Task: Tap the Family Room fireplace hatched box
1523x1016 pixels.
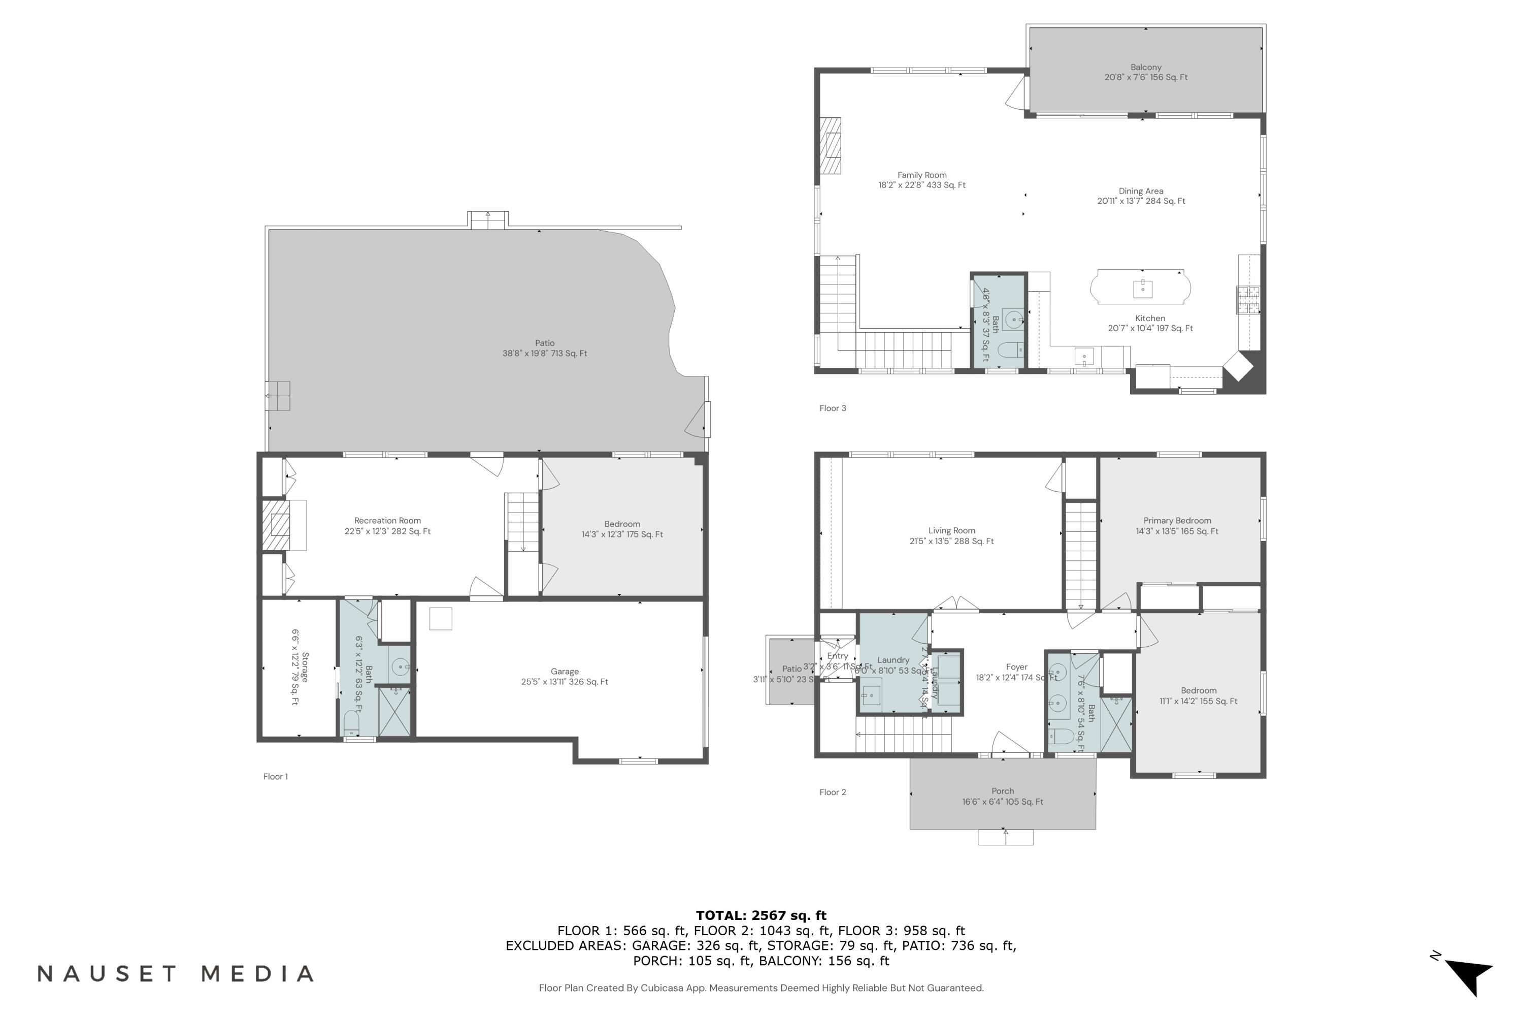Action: click(830, 146)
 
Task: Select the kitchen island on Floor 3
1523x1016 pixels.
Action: click(1140, 287)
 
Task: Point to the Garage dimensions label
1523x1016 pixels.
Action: click(564, 682)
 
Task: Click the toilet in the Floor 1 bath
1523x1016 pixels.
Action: click(352, 722)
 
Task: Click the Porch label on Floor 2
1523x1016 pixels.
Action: click(1002, 791)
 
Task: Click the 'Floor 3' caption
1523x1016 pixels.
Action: click(833, 408)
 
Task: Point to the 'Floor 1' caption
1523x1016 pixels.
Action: click(275, 776)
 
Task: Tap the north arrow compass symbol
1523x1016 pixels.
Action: click(1469, 974)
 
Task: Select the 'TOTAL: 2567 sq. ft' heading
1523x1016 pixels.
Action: click(761, 915)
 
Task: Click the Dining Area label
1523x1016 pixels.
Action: click(1140, 191)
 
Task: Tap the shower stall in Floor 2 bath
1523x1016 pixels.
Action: click(1116, 724)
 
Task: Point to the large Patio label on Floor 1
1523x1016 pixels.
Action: click(545, 343)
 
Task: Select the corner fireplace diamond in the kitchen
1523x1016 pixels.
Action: click(1238, 367)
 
